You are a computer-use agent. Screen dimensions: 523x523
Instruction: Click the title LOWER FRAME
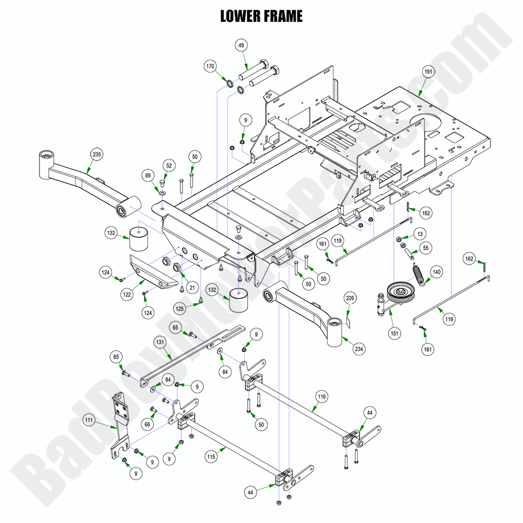(261, 17)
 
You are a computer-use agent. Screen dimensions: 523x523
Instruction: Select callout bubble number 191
(429, 72)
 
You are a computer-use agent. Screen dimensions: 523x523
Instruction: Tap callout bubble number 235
(96, 155)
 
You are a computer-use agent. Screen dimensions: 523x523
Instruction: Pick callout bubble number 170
(210, 67)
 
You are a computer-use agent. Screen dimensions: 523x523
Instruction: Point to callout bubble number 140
(437, 272)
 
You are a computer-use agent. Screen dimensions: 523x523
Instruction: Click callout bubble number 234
(359, 349)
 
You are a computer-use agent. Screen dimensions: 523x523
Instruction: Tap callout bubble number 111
(90, 421)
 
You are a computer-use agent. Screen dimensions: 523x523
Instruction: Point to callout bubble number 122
(126, 293)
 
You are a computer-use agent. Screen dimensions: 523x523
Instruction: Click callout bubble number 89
(148, 176)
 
